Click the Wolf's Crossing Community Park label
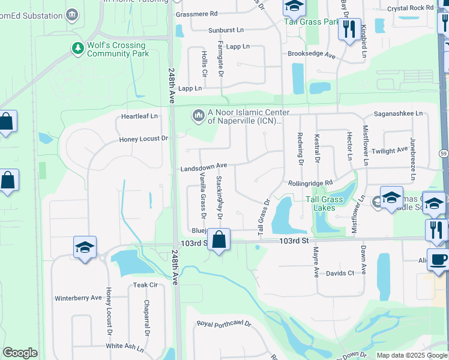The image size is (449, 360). point(116,49)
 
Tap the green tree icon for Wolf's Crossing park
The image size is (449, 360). point(77,48)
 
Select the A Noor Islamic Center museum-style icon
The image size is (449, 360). point(198,113)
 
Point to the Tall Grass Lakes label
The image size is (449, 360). point(324,203)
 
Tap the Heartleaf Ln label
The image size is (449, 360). point(139,116)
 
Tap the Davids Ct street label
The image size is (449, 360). point(340,273)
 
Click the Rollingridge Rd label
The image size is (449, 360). point(310,183)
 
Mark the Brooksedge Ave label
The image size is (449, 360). point(311,54)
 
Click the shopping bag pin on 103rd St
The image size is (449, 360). point(219,240)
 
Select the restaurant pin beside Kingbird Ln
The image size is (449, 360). point(349,28)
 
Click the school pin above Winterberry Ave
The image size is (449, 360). point(85,247)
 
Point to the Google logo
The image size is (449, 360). point(20,353)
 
